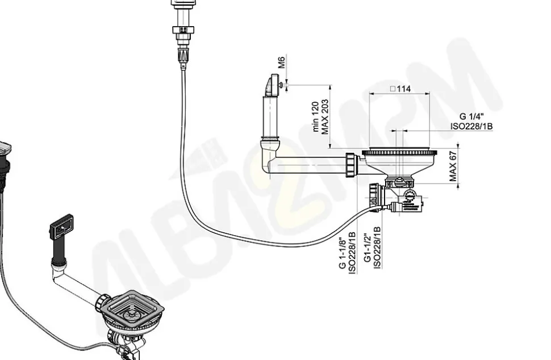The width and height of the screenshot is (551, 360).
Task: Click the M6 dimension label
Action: coord(282,62)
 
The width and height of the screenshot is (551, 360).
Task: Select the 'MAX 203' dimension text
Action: coord(325,116)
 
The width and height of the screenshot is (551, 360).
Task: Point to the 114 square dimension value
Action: coord(400,89)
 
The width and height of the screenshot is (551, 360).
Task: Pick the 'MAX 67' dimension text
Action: coord(453,166)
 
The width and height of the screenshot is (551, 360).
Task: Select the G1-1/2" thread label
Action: coord(368,246)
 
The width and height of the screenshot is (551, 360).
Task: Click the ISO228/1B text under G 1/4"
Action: coord(471,126)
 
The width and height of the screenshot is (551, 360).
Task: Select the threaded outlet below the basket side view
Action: coord(374,195)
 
